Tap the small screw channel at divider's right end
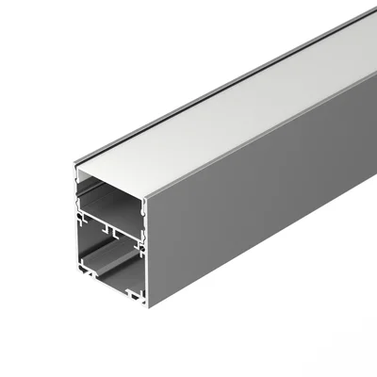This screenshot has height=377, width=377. tap(140, 237)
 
